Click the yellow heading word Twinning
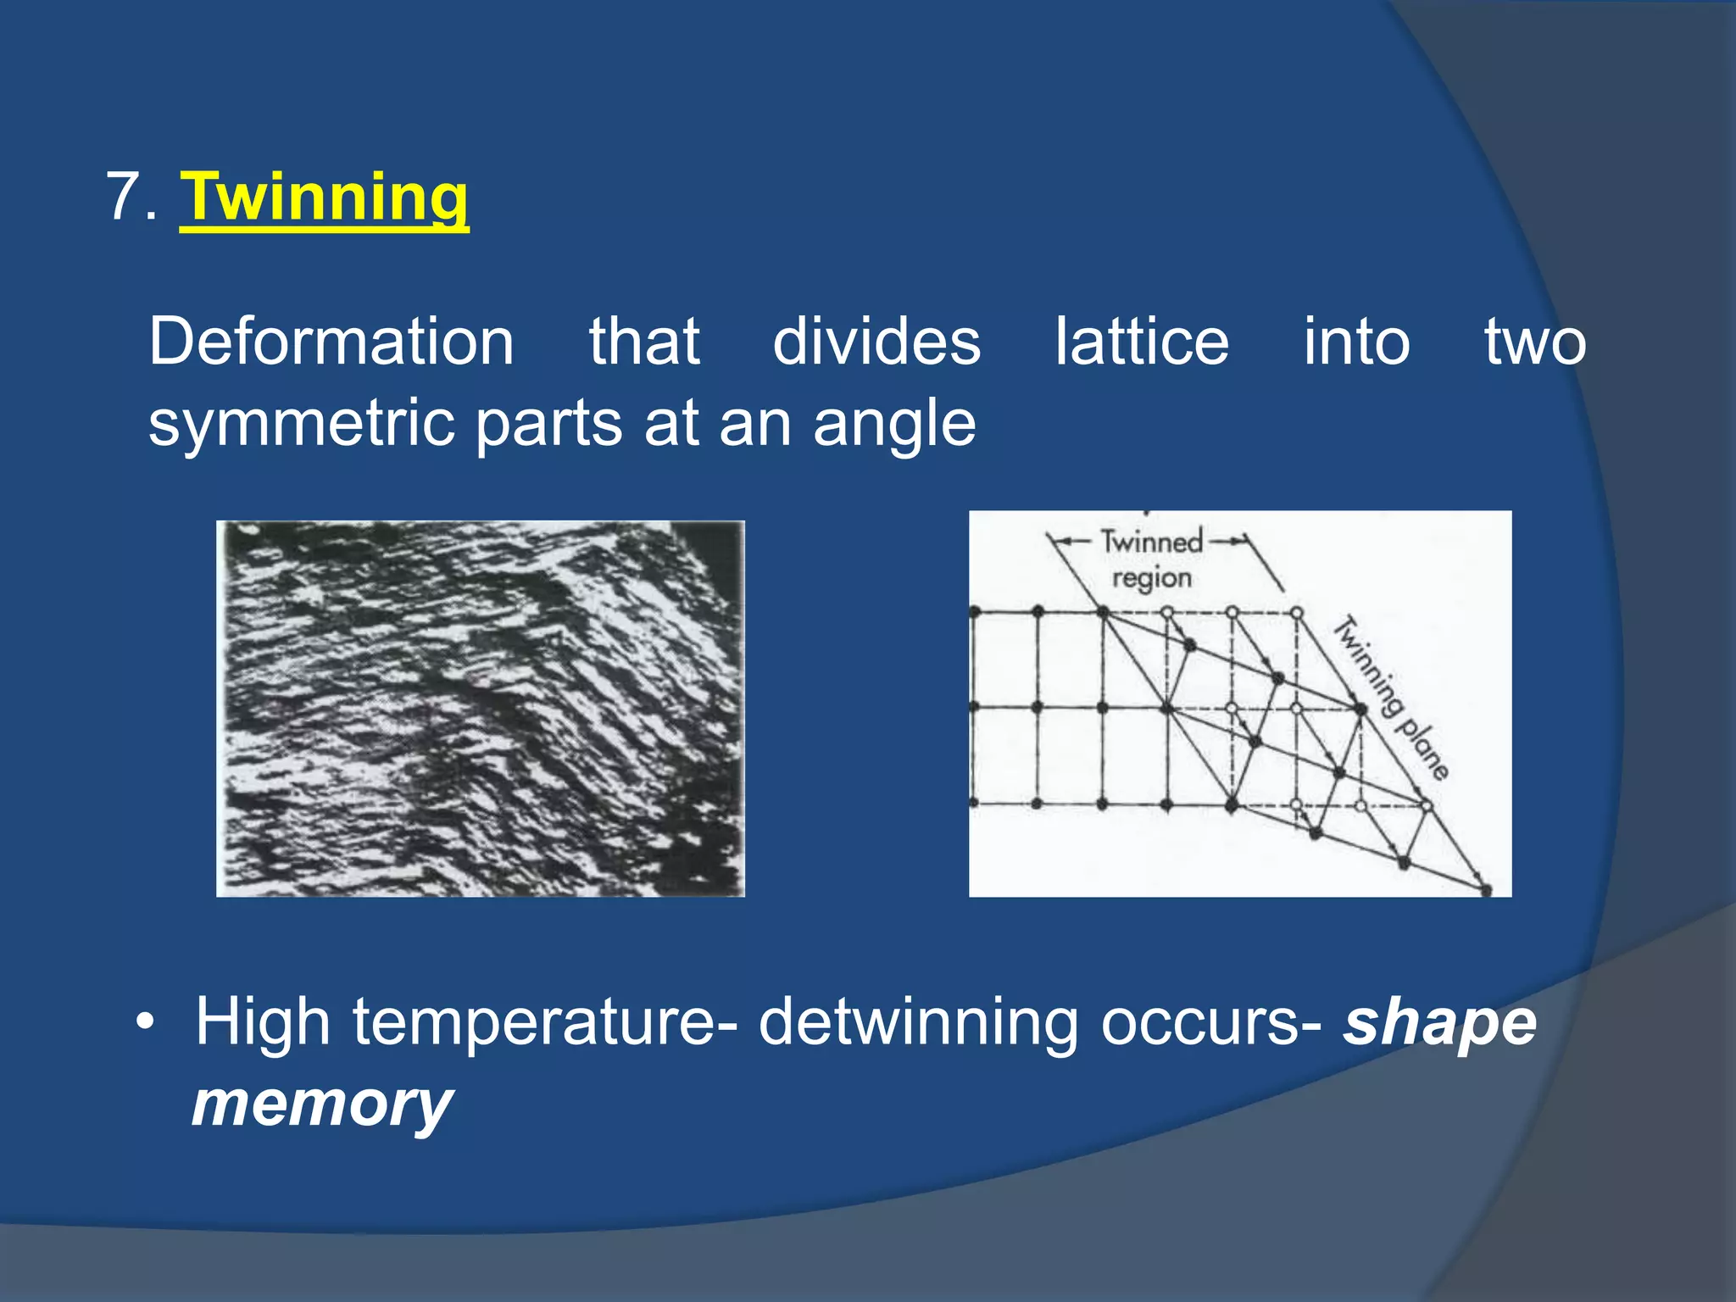coord(324,198)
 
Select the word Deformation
coord(331,342)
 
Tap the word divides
coord(876,342)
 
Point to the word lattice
coord(1141,342)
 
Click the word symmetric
coord(303,424)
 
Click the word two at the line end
coord(1534,342)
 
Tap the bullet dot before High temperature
coord(146,1022)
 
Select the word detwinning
coord(918,1022)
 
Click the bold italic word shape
coord(1439,1024)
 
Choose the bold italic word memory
coord(322,1104)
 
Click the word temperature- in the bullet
coord(544,1024)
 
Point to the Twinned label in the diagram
coord(1151,541)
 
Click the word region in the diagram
coord(1151,579)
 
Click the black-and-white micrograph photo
coord(481,709)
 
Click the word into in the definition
coord(1355,342)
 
